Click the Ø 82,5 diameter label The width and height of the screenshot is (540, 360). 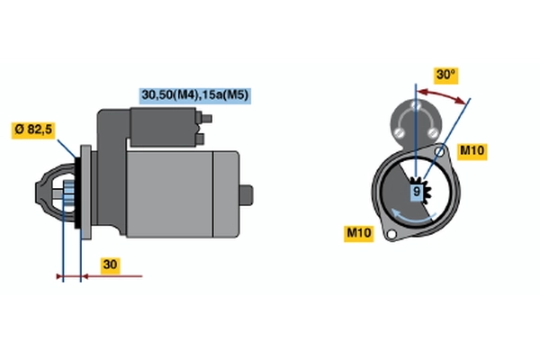point(33,130)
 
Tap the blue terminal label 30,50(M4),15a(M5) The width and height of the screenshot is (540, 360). point(195,95)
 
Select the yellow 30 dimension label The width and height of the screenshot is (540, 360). point(110,265)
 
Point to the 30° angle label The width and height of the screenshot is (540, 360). point(445,75)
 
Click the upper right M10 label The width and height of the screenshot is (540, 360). point(472,151)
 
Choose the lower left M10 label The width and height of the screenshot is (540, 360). point(359,233)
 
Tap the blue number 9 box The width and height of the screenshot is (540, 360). point(417,192)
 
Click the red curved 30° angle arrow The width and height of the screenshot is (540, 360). point(442,95)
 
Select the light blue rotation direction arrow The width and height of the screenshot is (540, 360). point(412,216)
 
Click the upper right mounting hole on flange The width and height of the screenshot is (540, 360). point(439,151)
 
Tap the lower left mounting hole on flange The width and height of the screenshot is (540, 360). point(391,234)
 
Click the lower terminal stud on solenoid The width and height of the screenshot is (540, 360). point(200,139)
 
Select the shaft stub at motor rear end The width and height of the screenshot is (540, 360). point(247,195)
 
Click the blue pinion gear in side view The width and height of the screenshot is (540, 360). point(68,194)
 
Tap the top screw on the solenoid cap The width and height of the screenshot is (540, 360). point(416,105)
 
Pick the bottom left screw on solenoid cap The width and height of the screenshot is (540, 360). point(400,132)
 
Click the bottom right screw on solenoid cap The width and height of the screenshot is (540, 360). point(432,132)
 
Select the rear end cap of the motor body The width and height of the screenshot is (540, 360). point(226,194)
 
